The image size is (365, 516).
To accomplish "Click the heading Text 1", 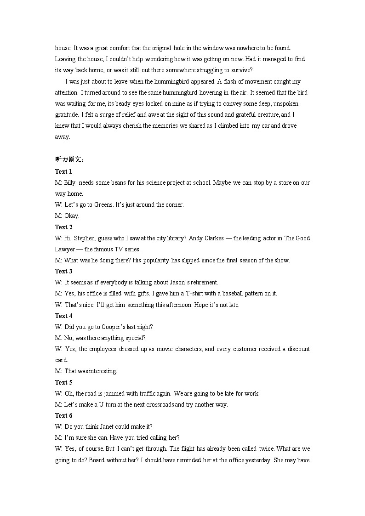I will (x=64, y=171).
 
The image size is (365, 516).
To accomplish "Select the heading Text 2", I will (x=64, y=227).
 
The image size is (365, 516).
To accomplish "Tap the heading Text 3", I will (x=64, y=271).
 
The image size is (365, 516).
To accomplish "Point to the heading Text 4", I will (x=64, y=316).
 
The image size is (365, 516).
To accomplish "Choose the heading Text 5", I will (x=64, y=382).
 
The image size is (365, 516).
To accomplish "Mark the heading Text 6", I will (x=64, y=415).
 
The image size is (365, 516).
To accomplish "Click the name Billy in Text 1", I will (x=70, y=182).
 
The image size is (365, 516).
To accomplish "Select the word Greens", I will (x=103, y=204).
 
